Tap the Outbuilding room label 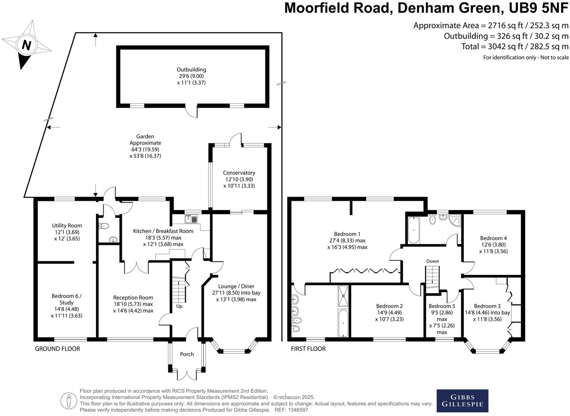click(191, 70)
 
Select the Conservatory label click(239, 173)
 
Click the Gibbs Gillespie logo click(462, 401)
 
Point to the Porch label click(187, 354)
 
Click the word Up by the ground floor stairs click(179, 306)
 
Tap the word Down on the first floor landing click(432, 261)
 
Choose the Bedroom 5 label click(442, 306)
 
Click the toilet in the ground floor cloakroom click(104, 226)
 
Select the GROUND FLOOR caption click(58, 349)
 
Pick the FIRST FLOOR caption click(308, 349)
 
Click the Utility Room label click(67, 226)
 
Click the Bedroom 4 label click(493, 238)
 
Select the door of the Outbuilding click(192, 111)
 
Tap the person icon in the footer click(69, 400)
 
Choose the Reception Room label click(133, 298)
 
